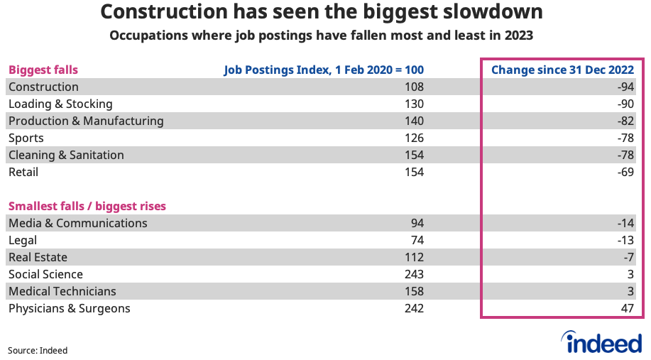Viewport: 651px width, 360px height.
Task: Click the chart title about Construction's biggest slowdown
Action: tap(323, 12)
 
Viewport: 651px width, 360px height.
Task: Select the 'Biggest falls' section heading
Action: tap(43, 70)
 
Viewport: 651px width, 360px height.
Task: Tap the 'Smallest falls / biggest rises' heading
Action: tap(87, 206)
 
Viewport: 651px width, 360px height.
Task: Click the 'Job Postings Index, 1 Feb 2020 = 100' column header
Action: tap(324, 70)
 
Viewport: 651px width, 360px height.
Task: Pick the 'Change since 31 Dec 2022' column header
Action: tap(562, 70)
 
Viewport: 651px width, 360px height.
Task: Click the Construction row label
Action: tap(43, 87)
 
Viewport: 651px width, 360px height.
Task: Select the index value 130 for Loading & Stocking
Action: tap(413, 104)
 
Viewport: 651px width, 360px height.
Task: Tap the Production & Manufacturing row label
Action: tap(86, 121)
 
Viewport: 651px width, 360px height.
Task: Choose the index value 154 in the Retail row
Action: tap(413, 172)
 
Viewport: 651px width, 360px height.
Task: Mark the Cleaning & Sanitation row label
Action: tap(66, 155)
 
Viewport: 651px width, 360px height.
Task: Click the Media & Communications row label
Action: tap(78, 223)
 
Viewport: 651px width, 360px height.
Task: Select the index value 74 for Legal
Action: tap(416, 240)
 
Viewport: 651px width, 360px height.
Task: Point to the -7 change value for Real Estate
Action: tap(627, 257)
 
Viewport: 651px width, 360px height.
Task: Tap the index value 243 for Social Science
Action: tap(413, 274)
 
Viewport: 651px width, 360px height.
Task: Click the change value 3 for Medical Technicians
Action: tap(630, 291)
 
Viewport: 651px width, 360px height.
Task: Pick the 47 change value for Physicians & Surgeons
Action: tap(627, 308)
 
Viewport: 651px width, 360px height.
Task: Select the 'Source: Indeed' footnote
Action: tap(38, 350)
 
